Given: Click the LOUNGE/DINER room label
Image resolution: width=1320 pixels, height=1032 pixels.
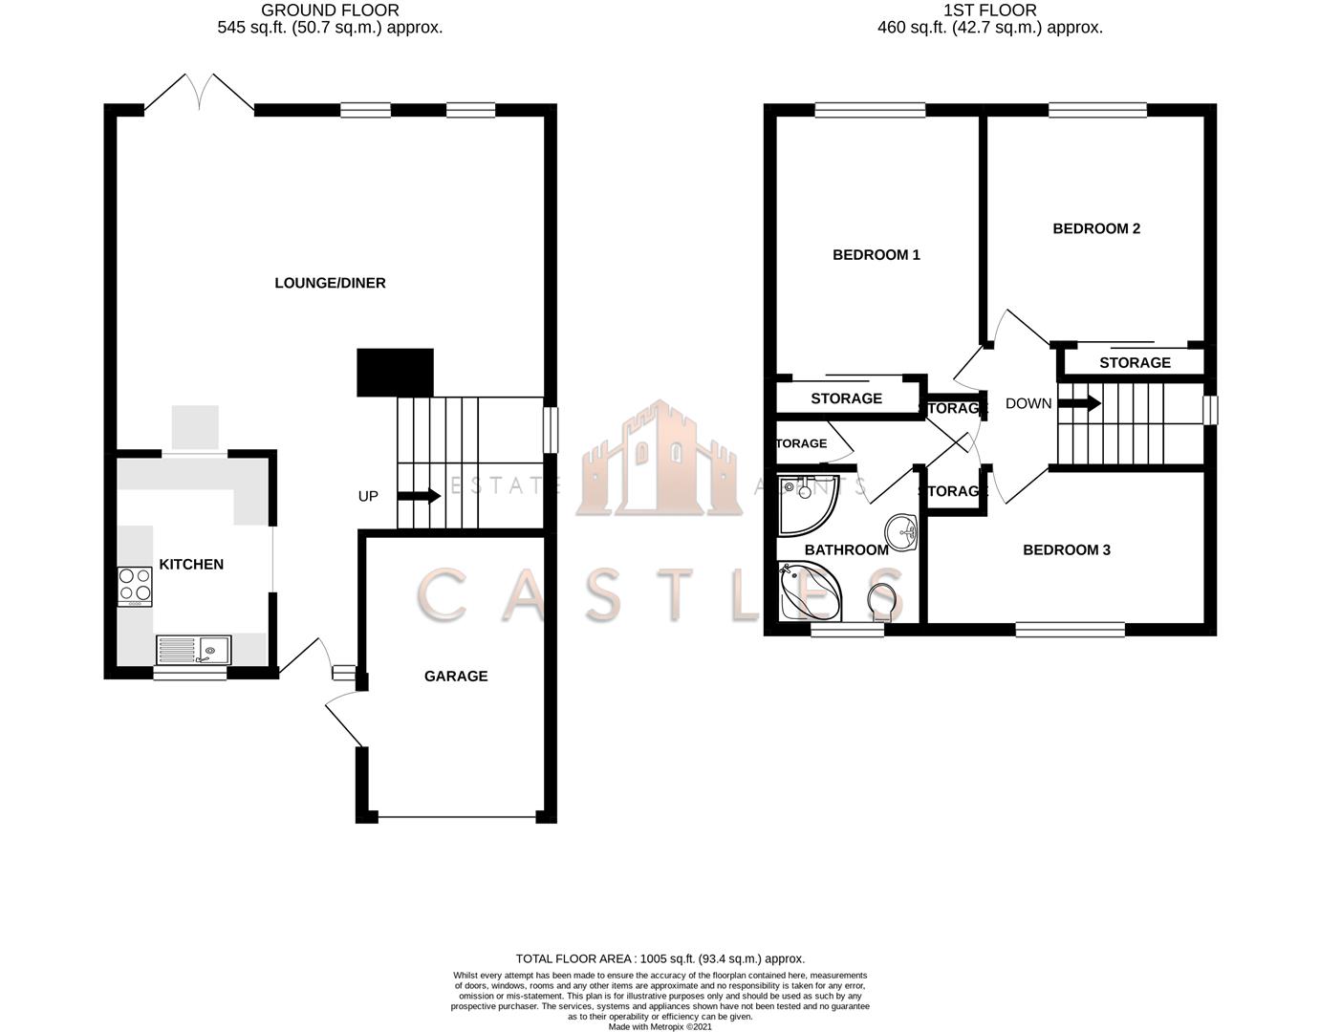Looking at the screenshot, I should (x=330, y=283).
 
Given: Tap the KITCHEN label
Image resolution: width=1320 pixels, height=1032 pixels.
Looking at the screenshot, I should (x=191, y=565).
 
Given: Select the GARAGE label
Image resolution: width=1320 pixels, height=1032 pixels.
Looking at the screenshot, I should (x=456, y=677).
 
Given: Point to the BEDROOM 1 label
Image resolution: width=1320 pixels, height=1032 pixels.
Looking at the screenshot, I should (x=876, y=255).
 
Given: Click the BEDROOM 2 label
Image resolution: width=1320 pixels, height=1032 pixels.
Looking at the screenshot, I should (x=1096, y=228).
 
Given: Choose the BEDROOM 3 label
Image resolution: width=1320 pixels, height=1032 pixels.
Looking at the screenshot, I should (x=1067, y=550).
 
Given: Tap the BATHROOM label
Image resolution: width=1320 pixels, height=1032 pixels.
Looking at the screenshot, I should (x=846, y=550).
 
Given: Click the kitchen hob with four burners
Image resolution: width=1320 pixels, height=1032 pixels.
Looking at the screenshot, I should (x=135, y=586).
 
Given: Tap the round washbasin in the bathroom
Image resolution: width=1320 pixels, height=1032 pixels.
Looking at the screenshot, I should (x=900, y=529).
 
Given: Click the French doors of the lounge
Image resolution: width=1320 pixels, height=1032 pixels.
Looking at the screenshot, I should (x=200, y=94).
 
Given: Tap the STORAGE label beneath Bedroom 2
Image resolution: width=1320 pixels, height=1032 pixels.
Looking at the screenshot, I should (x=1135, y=363).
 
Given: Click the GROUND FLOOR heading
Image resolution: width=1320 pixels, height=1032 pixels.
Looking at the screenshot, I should (x=330, y=11).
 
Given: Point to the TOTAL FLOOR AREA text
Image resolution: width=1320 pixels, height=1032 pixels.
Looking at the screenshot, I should (x=660, y=958).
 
